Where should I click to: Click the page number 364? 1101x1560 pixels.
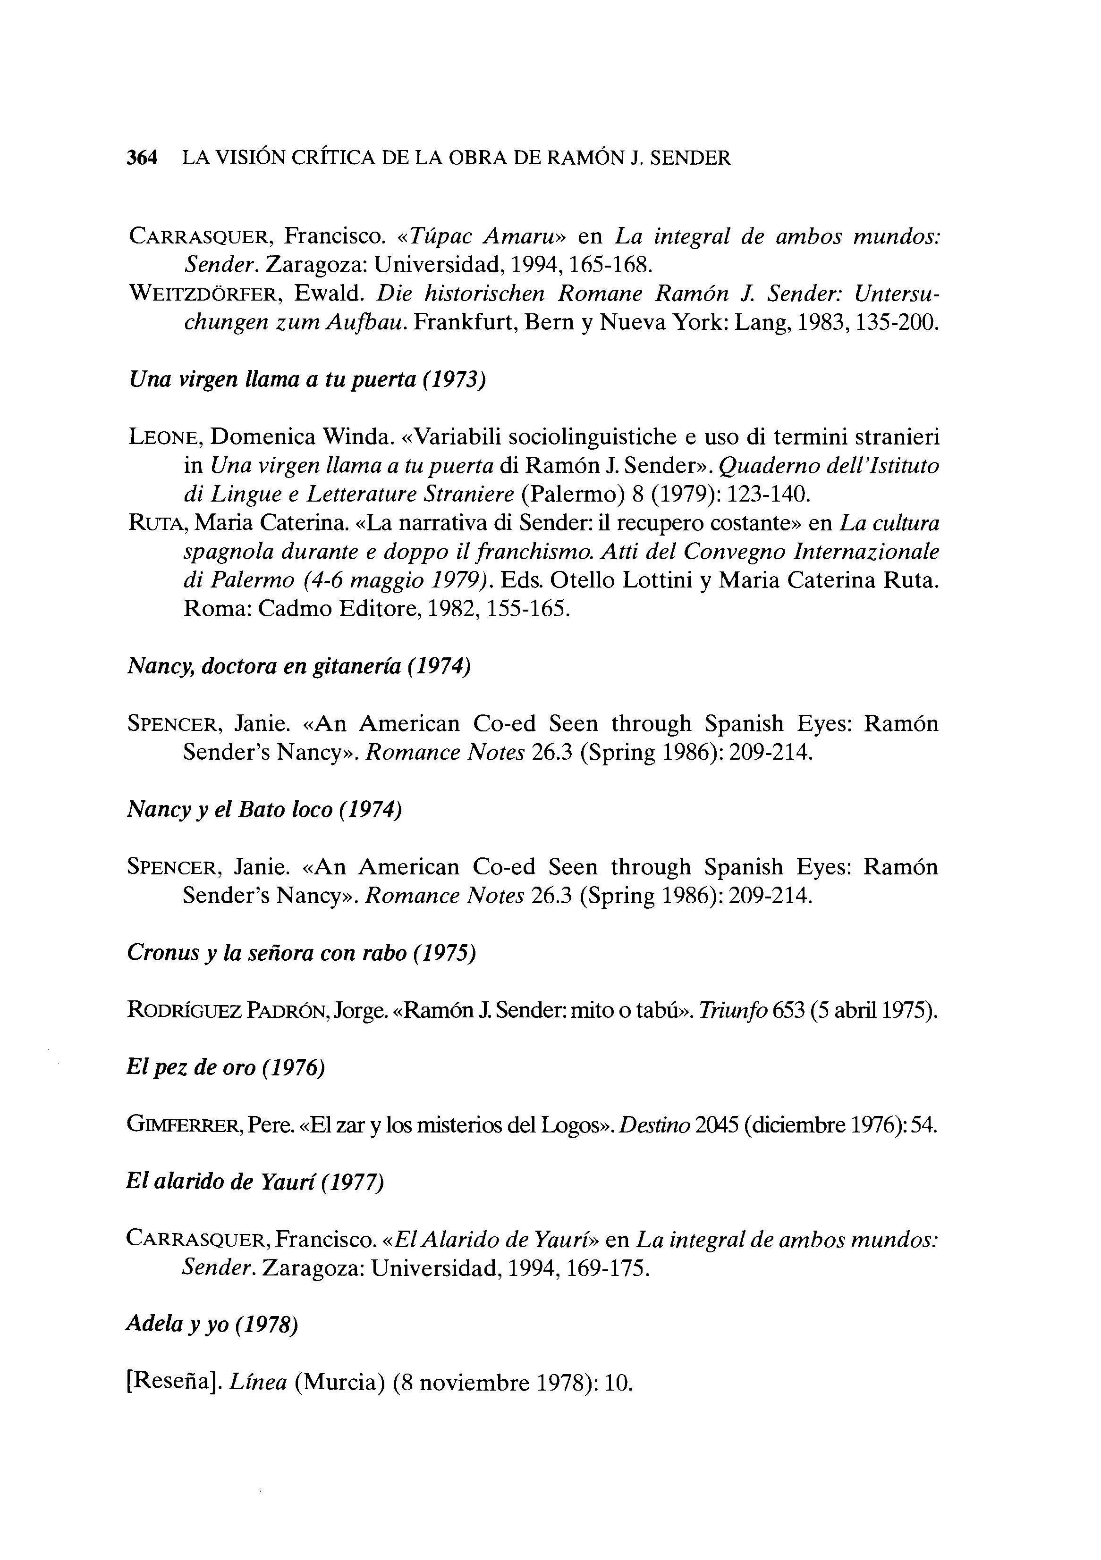click(142, 158)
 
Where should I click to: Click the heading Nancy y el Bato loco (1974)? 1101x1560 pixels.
click(264, 810)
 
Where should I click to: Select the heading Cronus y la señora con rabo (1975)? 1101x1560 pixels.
click(301, 953)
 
